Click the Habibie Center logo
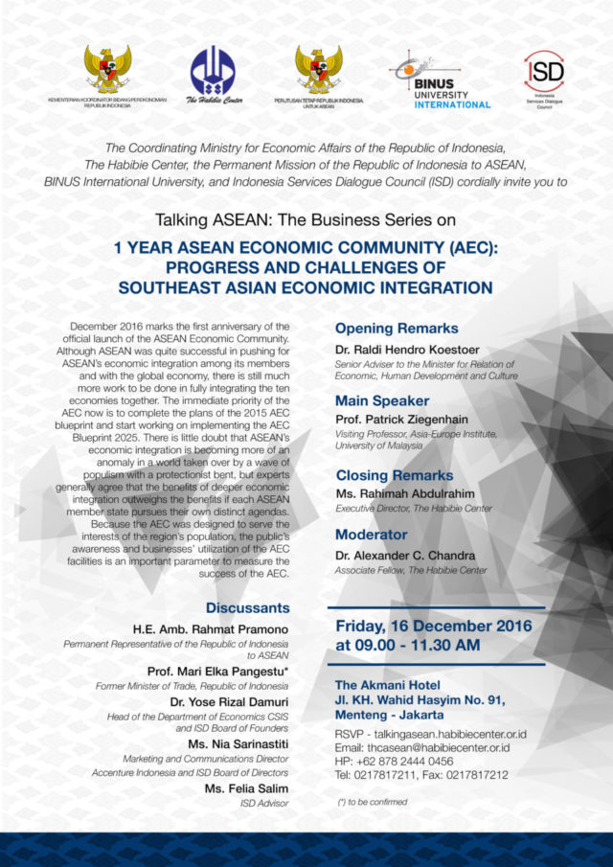click(x=213, y=71)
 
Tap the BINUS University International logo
click(x=440, y=80)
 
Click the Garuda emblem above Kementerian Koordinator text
click(x=107, y=69)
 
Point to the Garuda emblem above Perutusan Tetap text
click(x=318, y=69)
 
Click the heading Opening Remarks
click(x=397, y=329)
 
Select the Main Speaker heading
click(x=382, y=400)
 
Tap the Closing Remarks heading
click(x=395, y=474)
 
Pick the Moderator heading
click(x=372, y=534)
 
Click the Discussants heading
click(x=247, y=607)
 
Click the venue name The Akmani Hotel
click(x=388, y=685)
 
